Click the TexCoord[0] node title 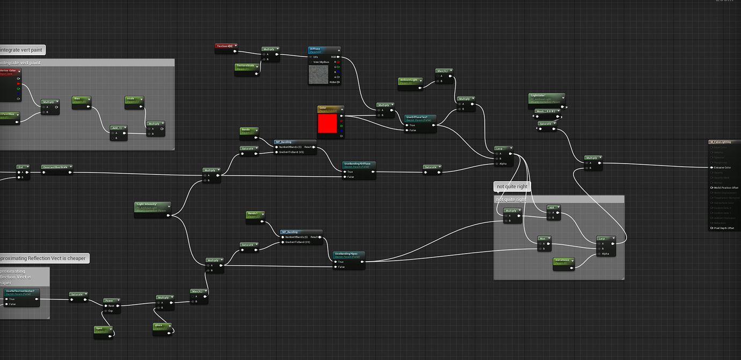pyautogui.click(x=226, y=46)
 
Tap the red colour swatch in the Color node pyautogui.click(x=326, y=124)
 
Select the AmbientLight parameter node pyautogui.click(x=409, y=80)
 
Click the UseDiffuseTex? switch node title pyautogui.click(x=420, y=117)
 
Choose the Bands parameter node pyautogui.click(x=248, y=130)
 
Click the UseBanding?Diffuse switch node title pyautogui.click(x=359, y=164)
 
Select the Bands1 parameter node pyautogui.click(x=255, y=214)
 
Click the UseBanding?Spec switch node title pyautogui.click(x=349, y=254)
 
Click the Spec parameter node pyautogui.click(x=101, y=329)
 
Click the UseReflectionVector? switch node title pyautogui.click(x=20, y=291)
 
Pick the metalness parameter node pyautogui.click(x=563, y=260)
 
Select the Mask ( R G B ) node pyautogui.click(x=547, y=112)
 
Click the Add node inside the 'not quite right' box pyautogui.click(x=553, y=207)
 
